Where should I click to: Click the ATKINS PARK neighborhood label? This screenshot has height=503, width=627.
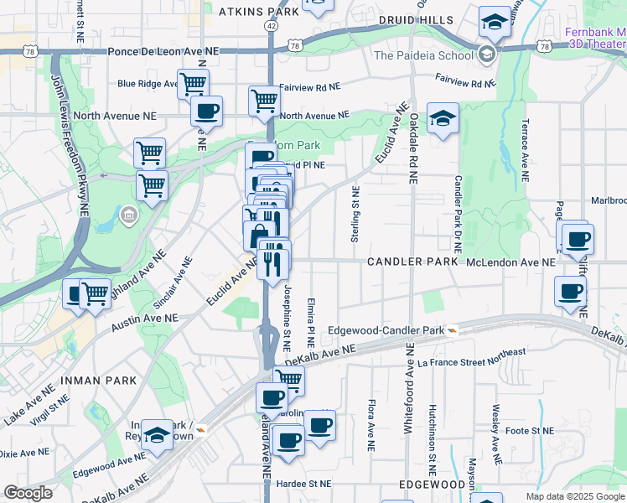pyautogui.click(x=258, y=13)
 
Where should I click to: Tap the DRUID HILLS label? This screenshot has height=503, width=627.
pyautogui.click(x=415, y=20)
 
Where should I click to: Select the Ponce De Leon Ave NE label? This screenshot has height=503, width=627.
pyautogui.click(x=163, y=51)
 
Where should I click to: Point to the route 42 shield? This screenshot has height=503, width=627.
pyautogui.click(x=270, y=27)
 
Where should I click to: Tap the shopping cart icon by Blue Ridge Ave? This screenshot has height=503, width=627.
pyautogui.click(x=193, y=84)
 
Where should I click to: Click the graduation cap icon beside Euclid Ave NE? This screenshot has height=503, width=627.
pyautogui.click(x=443, y=118)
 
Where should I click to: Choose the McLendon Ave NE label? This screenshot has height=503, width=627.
pyautogui.click(x=510, y=262)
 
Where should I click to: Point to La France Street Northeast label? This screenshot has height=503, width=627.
pyautogui.click(x=471, y=357)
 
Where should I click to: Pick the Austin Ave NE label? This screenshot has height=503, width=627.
pyautogui.click(x=147, y=319)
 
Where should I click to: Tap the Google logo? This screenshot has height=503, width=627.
pyautogui.click(x=28, y=493)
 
